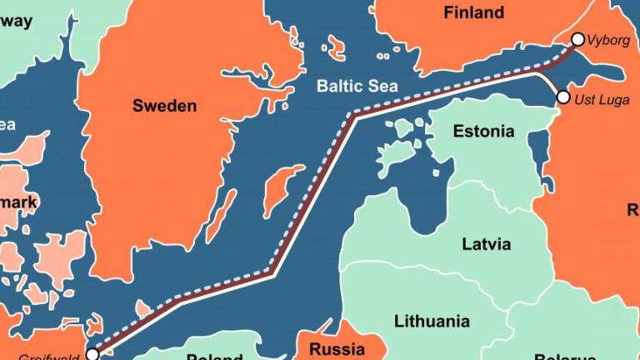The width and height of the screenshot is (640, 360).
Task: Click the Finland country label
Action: pos(473,12)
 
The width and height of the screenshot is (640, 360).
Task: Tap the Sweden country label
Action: pos(164,106)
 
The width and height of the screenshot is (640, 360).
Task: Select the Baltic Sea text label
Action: pos(357,86)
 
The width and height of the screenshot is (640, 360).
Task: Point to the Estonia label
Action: pos(483,132)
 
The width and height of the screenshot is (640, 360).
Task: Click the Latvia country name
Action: pos(486,244)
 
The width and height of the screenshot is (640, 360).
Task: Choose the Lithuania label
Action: pos(432,321)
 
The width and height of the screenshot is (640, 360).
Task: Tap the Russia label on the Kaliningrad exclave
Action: pos(337,348)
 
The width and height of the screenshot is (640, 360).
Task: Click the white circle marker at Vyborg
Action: pos(578,39)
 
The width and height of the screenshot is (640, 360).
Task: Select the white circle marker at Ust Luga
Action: pos(563,97)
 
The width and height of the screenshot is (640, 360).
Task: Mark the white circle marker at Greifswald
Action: pos(92,353)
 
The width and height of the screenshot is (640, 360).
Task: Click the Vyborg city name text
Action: pos(609,39)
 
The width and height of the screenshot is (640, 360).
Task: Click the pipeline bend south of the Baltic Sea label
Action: pos(352,115)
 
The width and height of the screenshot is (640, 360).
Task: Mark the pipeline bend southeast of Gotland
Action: pos(270,272)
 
